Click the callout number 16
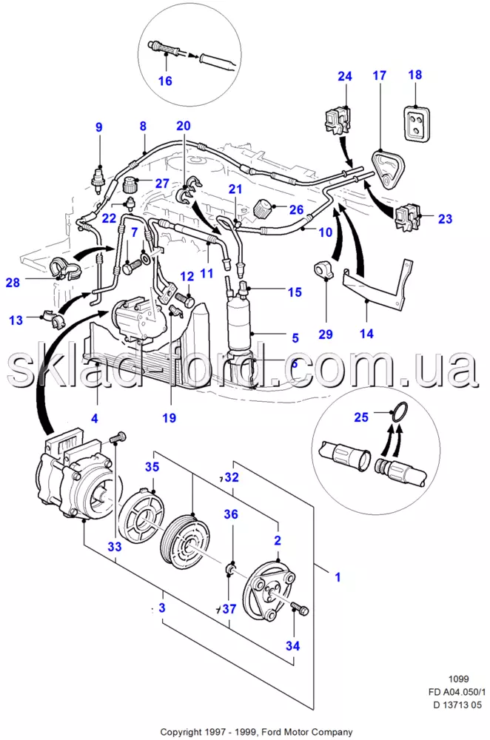[x=165, y=81]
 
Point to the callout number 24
[x=345, y=75]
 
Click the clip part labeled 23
[x=408, y=216]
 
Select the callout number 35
[x=152, y=467]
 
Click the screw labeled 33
[x=118, y=437]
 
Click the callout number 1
[x=338, y=576]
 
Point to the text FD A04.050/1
[x=457, y=692]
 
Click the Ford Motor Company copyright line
[x=256, y=732]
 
